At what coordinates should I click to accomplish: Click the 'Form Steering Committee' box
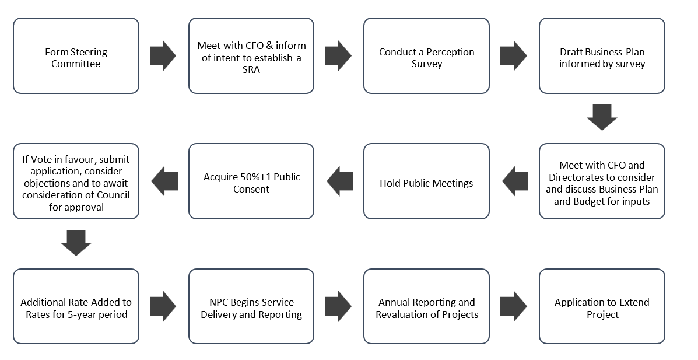76,56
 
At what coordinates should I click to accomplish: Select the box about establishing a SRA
251,56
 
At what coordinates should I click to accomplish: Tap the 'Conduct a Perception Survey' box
426,56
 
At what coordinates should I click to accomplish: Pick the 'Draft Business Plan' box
602,56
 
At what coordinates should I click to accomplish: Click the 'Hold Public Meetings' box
426,181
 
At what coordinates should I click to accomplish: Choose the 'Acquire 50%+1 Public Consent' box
251,181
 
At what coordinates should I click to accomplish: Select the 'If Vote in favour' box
76,181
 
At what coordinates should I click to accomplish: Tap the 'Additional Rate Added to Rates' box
76,307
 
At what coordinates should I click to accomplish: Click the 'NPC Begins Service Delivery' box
251,307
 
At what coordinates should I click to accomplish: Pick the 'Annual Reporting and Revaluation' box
426,307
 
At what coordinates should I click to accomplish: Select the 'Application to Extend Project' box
602,307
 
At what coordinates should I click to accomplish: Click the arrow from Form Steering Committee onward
163,56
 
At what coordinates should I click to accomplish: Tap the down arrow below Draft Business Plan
602,118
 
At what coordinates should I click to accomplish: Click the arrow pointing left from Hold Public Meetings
339,181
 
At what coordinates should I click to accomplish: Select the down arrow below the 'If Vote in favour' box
76,243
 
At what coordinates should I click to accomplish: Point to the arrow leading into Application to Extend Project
514,307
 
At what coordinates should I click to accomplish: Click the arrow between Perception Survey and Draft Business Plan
514,56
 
